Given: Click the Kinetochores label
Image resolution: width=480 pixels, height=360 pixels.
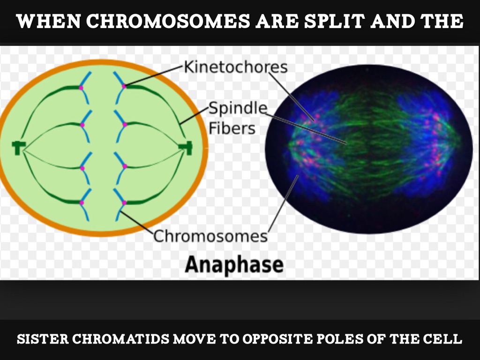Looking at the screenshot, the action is point(235,67).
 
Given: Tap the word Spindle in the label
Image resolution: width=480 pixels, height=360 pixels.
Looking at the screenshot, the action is point(238,108).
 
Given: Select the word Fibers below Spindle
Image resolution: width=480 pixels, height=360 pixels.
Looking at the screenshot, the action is point(232,128).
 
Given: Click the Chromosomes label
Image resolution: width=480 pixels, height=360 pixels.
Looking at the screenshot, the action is point(210,236).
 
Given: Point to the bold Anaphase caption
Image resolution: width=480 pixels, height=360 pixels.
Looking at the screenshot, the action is point(234,264).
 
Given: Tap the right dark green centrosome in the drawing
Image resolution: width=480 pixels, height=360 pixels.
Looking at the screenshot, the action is point(186,148).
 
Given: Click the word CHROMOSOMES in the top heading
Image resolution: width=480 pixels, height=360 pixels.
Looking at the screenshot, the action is point(168,22).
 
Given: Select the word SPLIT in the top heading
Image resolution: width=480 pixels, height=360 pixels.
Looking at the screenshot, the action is point(334,22).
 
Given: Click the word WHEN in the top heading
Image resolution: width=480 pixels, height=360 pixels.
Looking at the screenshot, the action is point(48,22).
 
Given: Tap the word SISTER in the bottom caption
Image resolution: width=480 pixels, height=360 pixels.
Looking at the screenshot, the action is point(43,338).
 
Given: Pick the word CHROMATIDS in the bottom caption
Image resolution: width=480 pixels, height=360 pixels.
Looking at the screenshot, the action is point(120,338).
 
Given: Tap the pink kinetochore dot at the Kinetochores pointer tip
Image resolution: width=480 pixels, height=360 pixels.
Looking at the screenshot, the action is point(124,86).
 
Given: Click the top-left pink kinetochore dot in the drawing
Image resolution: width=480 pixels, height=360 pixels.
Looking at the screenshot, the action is point(81,88).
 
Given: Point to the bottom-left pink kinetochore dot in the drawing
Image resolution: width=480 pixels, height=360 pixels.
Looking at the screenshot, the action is point(82,202).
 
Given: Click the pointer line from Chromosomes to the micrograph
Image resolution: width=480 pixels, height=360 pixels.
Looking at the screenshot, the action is point(283,203).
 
